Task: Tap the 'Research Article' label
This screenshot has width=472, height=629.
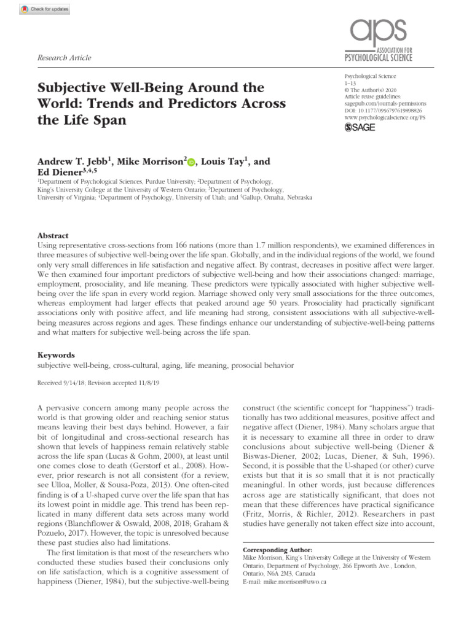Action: coord(65,58)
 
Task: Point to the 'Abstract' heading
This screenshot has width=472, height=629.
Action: coord(53,236)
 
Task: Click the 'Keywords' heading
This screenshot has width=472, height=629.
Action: coord(56,355)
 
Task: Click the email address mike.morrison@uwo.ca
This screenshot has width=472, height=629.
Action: coord(293,581)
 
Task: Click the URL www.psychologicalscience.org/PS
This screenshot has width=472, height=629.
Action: coord(385,116)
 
